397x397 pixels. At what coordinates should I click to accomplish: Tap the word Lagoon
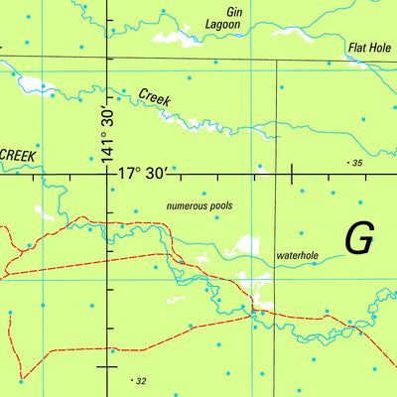(x=224, y=23)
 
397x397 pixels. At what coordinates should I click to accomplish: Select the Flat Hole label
(x=370, y=47)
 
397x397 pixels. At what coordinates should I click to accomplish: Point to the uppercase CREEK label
(x=18, y=155)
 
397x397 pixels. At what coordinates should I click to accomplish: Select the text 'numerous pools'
(x=198, y=206)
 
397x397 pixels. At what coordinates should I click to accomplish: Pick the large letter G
(x=359, y=238)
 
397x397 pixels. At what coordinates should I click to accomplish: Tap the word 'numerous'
(x=185, y=206)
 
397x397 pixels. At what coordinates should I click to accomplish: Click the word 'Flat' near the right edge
(x=357, y=47)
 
